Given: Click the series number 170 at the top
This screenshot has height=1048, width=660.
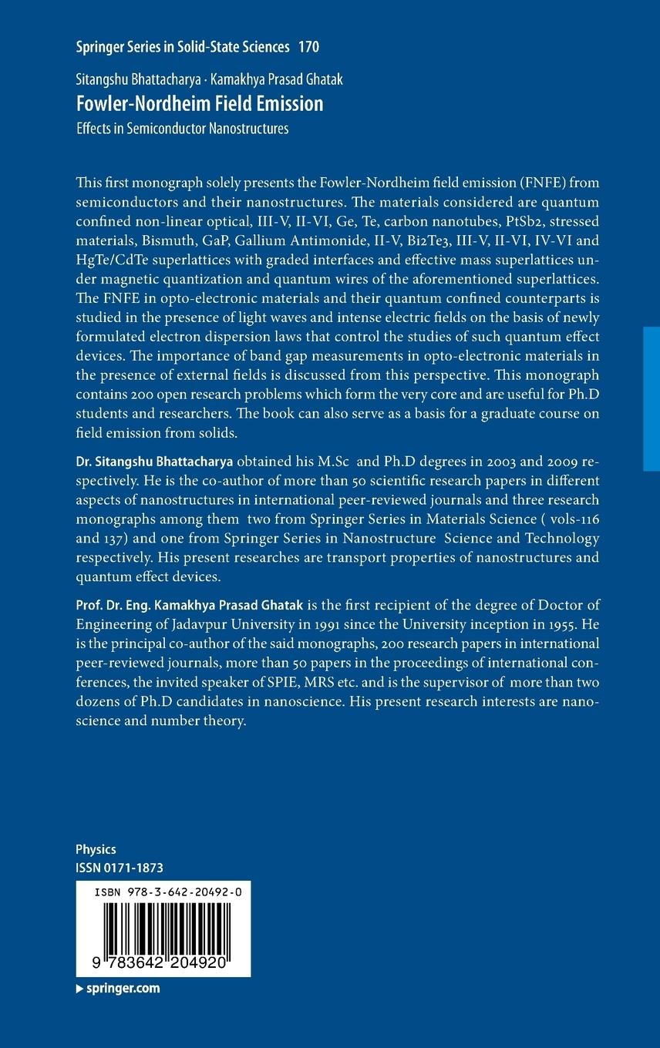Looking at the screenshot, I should [x=308, y=47].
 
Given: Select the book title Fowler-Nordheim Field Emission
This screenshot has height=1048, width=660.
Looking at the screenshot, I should [x=199, y=103].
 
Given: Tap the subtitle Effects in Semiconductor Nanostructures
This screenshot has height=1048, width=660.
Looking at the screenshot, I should [x=182, y=129].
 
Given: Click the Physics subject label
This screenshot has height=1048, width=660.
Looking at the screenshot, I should [x=96, y=849].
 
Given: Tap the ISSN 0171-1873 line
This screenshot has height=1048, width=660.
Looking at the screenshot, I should [x=120, y=867].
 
